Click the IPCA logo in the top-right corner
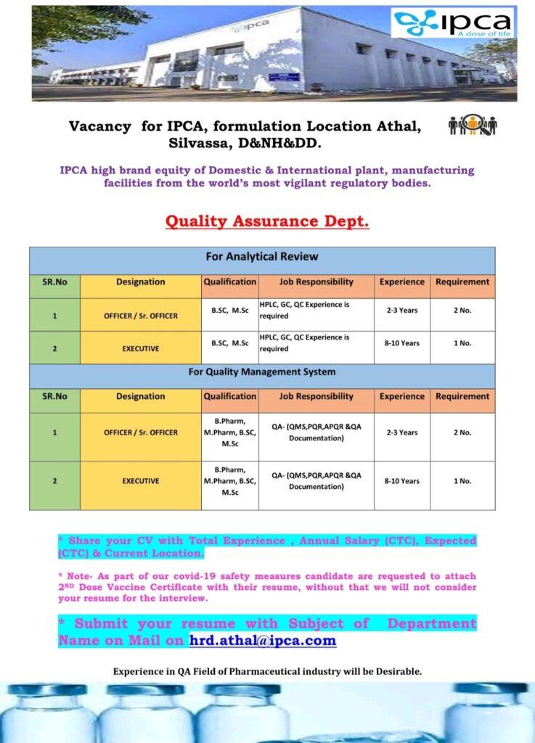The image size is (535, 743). pyautogui.click(x=452, y=23)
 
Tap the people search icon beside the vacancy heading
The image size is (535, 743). pyautogui.click(x=472, y=126)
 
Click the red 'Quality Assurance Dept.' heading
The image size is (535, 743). pyautogui.click(x=267, y=221)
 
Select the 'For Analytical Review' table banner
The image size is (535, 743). pyautogui.click(x=262, y=257)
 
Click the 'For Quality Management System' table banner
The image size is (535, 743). pyautogui.click(x=262, y=372)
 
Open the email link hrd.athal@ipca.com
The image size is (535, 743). pyautogui.click(x=262, y=640)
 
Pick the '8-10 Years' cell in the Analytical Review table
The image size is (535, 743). pyautogui.click(x=401, y=343)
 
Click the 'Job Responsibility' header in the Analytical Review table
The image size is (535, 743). pyautogui.click(x=316, y=282)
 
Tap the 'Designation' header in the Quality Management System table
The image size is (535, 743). pyautogui.click(x=140, y=396)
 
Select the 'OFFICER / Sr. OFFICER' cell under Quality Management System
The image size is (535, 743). pyautogui.click(x=140, y=432)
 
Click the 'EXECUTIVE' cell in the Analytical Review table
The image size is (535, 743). pyautogui.click(x=140, y=348)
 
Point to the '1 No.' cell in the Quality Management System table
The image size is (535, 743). pyautogui.click(x=462, y=481)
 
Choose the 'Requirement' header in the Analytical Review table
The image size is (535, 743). pyautogui.click(x=462, y=282)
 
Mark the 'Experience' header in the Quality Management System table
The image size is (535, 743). pyautogui.click(x=401, y=396)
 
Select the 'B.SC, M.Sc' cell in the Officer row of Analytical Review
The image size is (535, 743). pyautogui.click(x=230, y=311)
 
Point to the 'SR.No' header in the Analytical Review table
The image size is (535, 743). pyautogui.click(x=54, y=282)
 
